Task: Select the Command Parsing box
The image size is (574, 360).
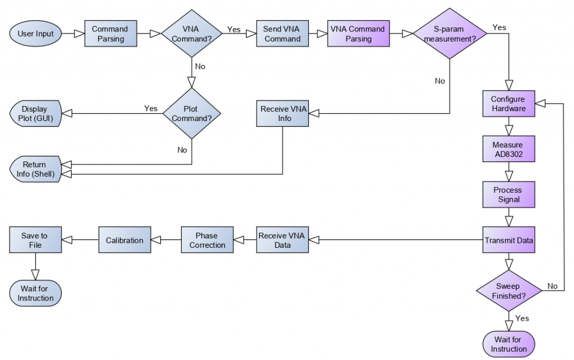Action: (110, 34)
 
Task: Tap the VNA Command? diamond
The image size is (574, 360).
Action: (192, 34)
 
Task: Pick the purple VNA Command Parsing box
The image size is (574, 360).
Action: (358, 34)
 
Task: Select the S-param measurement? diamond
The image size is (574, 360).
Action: (451, 34)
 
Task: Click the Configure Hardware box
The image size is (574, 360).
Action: (508, 104)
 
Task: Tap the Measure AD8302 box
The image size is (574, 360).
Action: (508, 149)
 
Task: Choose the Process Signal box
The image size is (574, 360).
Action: (508, 195)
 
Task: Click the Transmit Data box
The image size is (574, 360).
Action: (508, 240)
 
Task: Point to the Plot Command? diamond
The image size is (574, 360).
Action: (192, 113)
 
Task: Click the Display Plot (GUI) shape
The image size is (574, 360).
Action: (35, 113)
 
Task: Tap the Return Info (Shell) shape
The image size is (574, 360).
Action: (35, 170)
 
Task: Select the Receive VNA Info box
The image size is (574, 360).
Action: (284, 113)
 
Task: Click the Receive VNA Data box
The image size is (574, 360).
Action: (282, 240)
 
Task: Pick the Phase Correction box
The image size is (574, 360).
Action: (207, 240)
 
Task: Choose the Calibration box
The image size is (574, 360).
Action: (124, 240)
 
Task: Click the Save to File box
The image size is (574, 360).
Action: (35, 240)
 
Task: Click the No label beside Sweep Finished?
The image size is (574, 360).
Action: (553, 286)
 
